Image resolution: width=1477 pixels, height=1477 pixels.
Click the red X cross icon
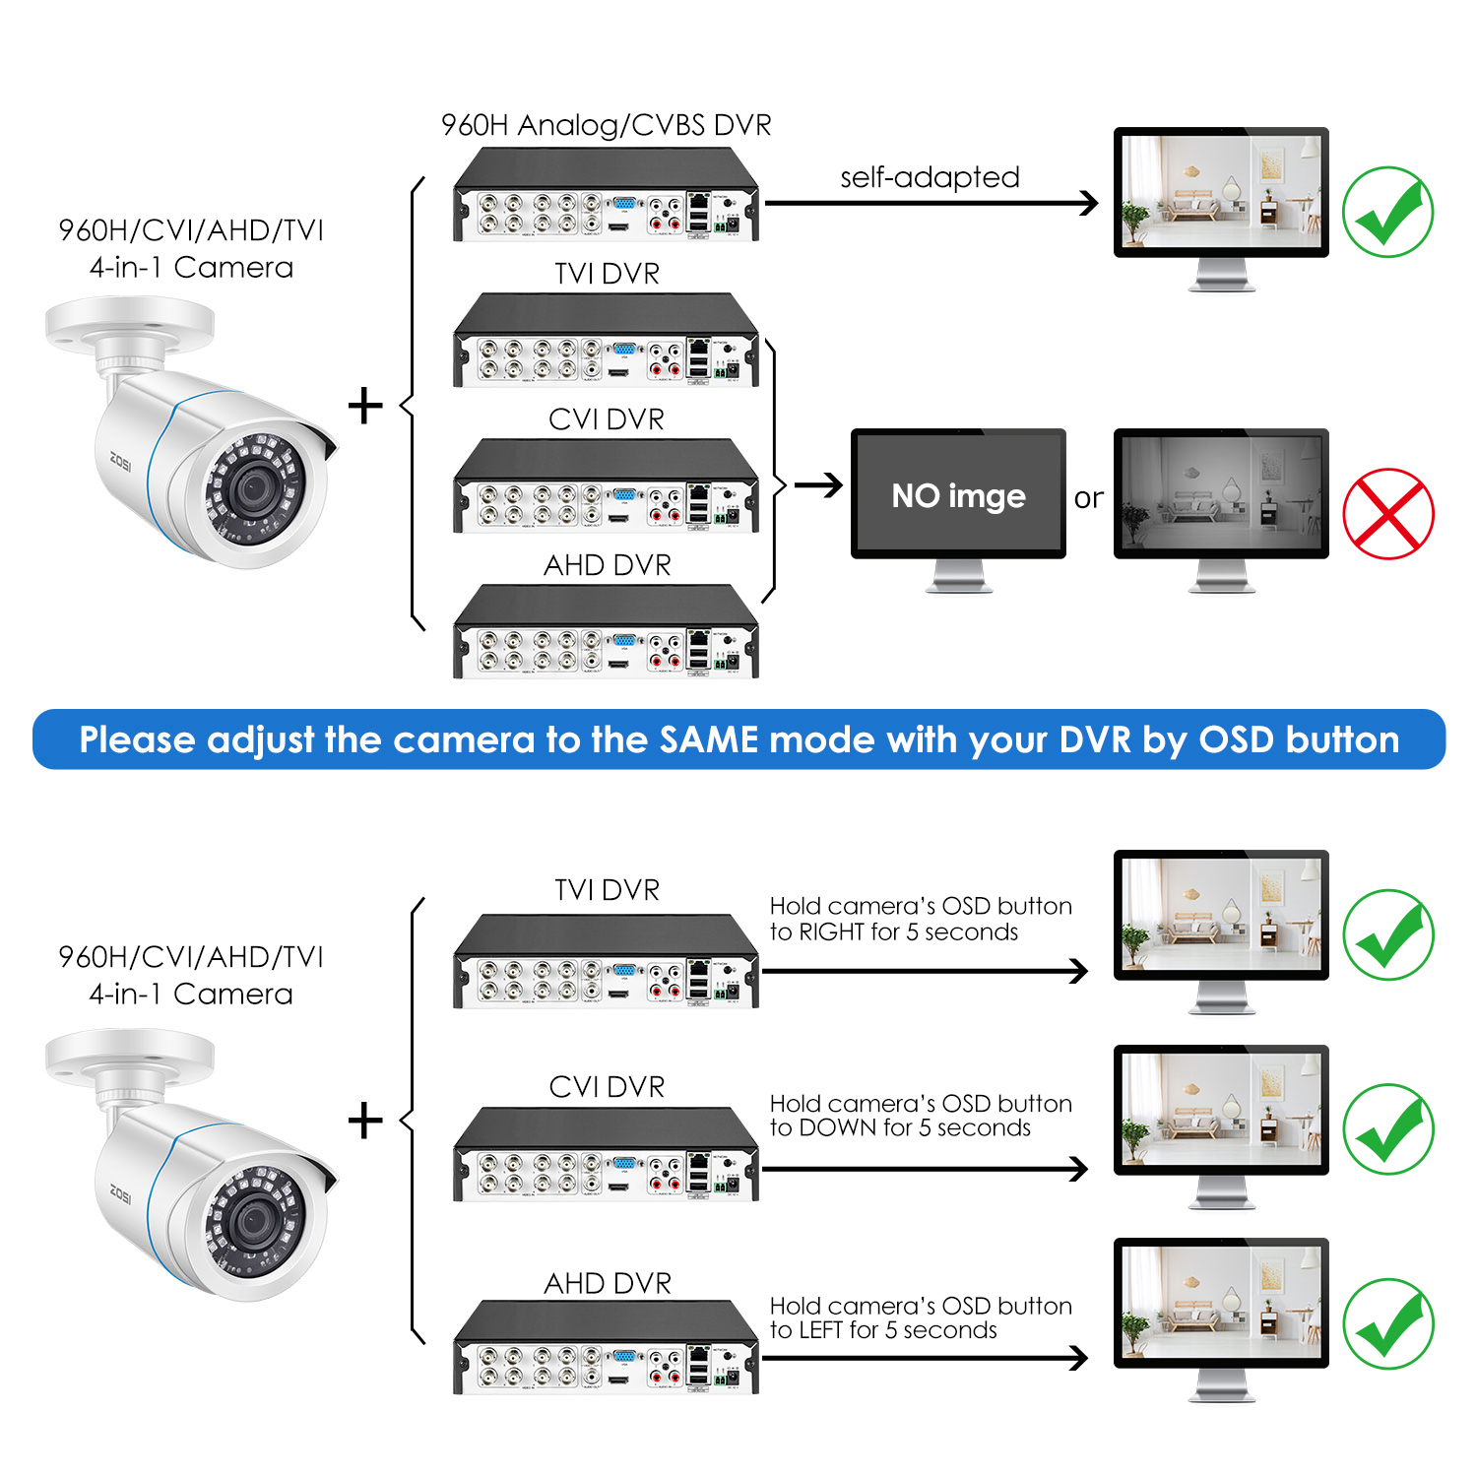[1388, 513]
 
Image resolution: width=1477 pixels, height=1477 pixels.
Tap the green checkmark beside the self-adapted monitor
[1388, 212]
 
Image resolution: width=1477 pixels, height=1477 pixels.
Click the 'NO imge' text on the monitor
[958, 496]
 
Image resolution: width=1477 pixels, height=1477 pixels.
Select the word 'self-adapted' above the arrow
[930, 177]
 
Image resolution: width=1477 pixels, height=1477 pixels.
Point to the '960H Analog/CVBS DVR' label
[607, 125]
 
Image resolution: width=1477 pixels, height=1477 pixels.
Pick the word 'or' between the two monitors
[1088, 498]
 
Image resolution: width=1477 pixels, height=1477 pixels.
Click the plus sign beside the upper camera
[365, 406]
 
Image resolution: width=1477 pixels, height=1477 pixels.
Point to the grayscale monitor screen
[1221, 492]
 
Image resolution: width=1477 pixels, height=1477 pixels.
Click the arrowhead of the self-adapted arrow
[1088, 203]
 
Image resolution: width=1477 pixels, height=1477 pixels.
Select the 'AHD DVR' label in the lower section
[608, 1283]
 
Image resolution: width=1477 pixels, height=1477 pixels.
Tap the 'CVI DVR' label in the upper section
[607, 418]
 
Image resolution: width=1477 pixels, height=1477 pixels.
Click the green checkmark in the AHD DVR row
[1388, 1323]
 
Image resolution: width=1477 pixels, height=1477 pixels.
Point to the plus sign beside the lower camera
[365, 1121]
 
